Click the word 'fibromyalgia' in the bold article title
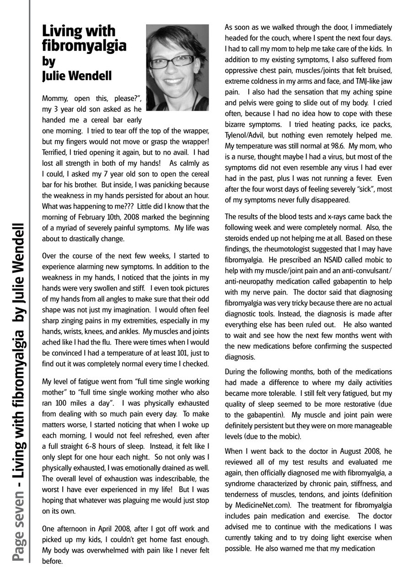coord(84,46)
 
